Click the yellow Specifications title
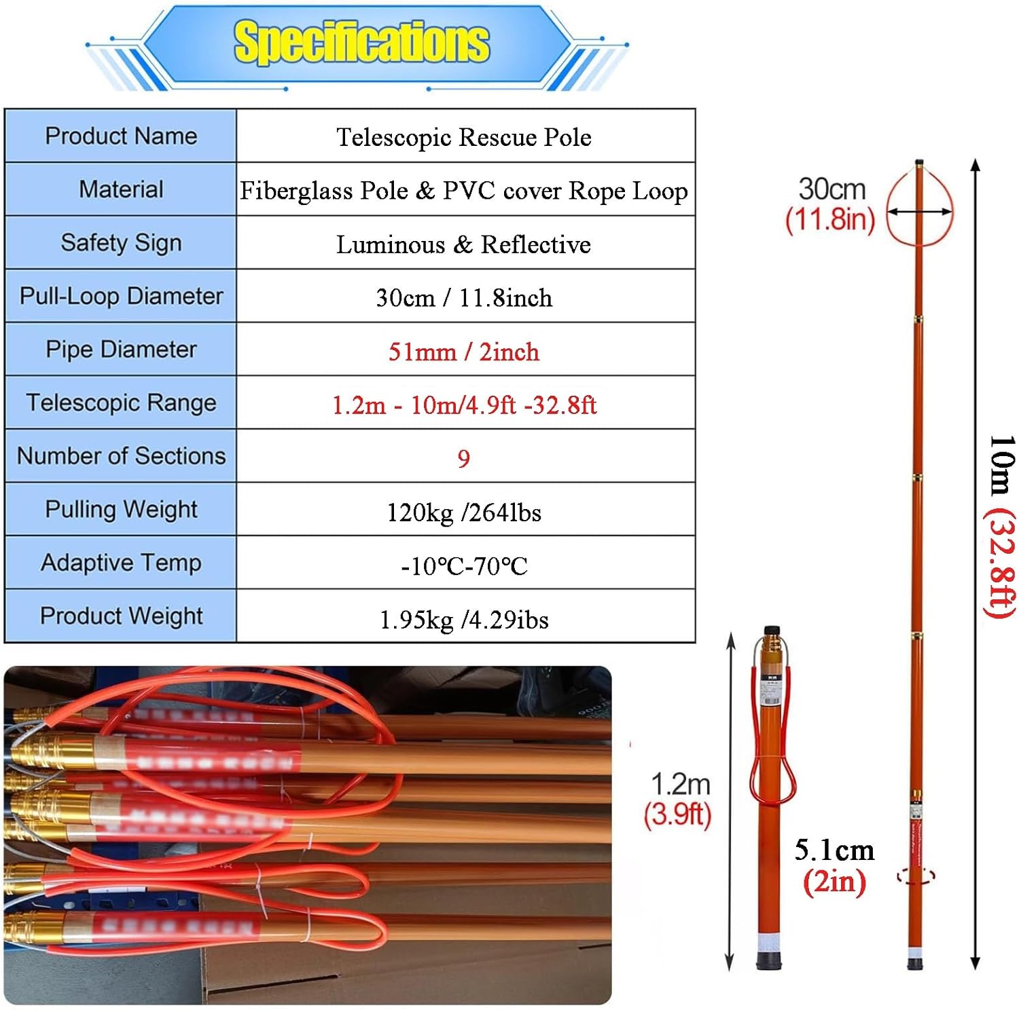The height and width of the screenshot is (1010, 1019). click(361, 42)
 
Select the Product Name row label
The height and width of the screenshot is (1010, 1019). click(121, 136)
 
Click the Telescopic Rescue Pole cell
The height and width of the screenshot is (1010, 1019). click(464, 137)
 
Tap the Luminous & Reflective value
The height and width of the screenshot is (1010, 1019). click(464, 244)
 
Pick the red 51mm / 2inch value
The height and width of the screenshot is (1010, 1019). click(464, 352)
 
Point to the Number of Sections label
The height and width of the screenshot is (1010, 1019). click(121, 455)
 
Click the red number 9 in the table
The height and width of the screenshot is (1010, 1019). click(464, 459)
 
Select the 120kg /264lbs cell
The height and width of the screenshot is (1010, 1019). click(464, 512)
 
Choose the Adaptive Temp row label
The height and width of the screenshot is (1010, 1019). click(121, 563)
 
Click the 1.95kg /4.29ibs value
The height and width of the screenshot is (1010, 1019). click(464, 620)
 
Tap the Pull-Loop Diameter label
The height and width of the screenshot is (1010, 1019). click(121, 296)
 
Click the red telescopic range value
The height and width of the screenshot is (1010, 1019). click(464, 405)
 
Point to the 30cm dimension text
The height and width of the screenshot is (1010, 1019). click(832, 189)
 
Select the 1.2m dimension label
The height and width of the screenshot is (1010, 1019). click(680, 784)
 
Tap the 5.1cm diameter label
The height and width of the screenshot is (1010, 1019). click(834, 850)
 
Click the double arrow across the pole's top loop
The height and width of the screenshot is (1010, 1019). click(919, 212)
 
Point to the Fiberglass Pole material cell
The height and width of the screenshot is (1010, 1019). click(464, 191)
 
